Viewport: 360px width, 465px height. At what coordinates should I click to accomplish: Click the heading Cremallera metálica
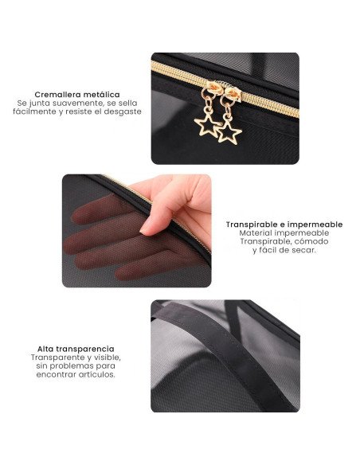pos(77,95)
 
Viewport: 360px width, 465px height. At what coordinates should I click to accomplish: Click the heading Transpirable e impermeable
pos(284,225)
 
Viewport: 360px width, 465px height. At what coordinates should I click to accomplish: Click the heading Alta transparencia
pos(76,349)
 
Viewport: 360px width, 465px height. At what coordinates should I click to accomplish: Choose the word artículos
pos(96,374)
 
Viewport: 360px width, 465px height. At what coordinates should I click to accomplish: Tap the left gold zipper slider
pos(212,87)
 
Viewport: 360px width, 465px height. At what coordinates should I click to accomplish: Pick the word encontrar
pos(56,374)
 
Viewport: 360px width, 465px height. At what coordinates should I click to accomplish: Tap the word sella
pos(127,104)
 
